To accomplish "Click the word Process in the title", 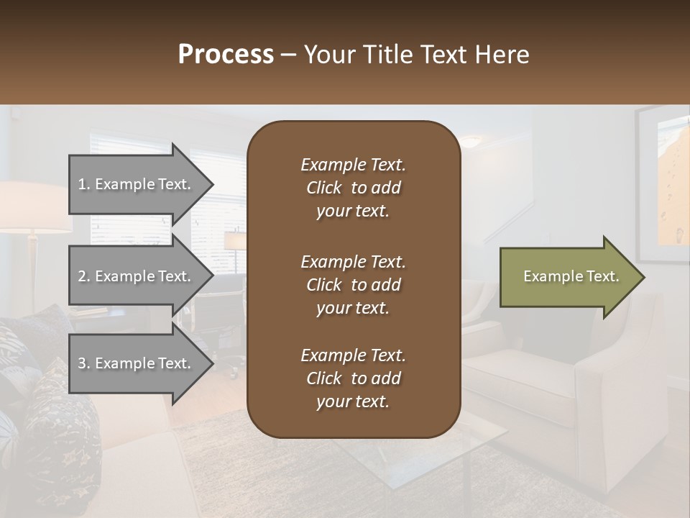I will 226,54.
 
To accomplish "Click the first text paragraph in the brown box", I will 353,188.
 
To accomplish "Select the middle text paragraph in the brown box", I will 353,285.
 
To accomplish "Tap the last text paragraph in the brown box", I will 353,378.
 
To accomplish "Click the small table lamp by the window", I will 234,241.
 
